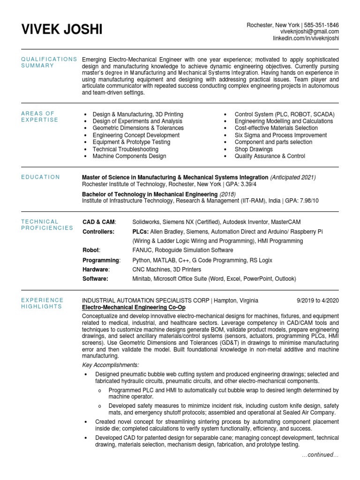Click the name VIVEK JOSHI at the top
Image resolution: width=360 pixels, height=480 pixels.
[61, 30]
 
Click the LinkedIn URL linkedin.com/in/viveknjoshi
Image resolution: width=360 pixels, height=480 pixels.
[306, 38]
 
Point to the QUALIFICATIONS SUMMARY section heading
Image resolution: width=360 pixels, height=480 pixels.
[49, 62]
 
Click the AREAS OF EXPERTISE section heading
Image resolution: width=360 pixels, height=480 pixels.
[39, 117]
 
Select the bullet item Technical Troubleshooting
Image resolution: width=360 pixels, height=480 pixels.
[125, 149]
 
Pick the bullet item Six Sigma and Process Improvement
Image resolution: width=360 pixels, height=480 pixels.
[281, 135]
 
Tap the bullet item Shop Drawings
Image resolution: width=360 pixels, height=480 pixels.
[254, 149]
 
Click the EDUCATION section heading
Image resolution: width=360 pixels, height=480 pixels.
[40, 177]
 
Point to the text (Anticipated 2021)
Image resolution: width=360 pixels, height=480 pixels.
[292, 178]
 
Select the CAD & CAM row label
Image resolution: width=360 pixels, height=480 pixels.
[99, 222]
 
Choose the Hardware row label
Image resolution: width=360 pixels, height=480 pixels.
[96, 270]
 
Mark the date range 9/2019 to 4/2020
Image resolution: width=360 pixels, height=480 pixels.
[317, 300]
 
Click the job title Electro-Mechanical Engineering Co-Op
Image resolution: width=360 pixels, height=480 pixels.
[134, 307]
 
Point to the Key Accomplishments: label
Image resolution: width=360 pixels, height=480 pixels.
[110, 365]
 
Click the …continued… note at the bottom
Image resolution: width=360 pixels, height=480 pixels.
[320, 455]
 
